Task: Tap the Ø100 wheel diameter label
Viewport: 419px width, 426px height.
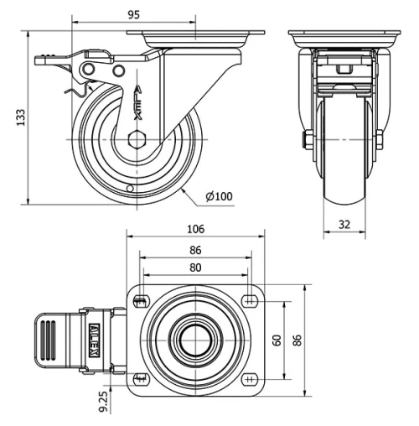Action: pyautogui.click(x=219, y=196)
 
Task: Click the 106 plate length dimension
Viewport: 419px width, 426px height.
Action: pyautogui.click(x=194, y=229)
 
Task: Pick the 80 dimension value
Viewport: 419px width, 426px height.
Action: pyautogui.click(x=194, y=268)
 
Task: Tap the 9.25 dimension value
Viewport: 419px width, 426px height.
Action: pyautogui.click(x=102, y=401)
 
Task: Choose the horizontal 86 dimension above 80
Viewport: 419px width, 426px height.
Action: pyautogui.click(x=194, y=250)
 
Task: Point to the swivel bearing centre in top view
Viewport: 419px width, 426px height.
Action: pyautogui.click(x=194, y=340)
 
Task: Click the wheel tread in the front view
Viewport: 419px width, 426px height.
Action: pyautogui.click(x=344, y=168)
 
